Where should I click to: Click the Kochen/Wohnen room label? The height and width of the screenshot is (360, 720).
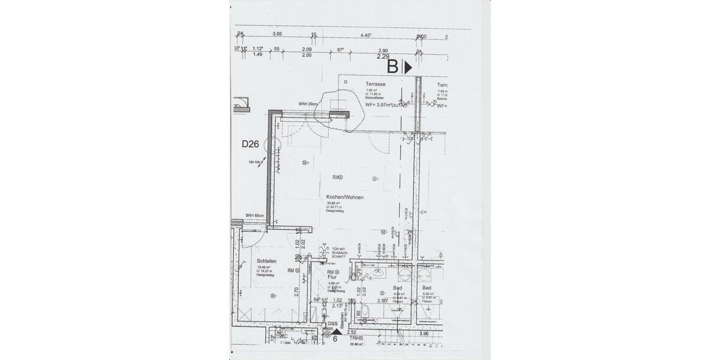point(345,197)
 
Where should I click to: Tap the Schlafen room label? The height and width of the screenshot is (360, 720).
point(266,261)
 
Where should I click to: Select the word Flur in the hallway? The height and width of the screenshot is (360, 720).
point(331,277)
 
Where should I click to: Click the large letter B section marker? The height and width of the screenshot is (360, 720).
point(392,66)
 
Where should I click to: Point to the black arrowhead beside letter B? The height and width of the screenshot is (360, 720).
point(409,67)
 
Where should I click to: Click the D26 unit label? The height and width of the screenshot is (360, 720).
point(250,144)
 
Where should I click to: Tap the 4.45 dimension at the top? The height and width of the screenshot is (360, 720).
point(365,35)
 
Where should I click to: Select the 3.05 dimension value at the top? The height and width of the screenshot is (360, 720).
point(277,34)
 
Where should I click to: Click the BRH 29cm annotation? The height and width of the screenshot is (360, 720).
point(308,104)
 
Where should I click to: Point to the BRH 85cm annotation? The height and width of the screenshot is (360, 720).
point(255,216)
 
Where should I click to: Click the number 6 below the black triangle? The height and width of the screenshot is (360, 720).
point(335,338)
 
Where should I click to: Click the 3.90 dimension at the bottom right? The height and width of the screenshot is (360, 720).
point(424,333)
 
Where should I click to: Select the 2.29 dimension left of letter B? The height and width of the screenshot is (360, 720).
point(383,56)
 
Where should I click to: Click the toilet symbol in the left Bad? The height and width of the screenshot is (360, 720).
point(373,311)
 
